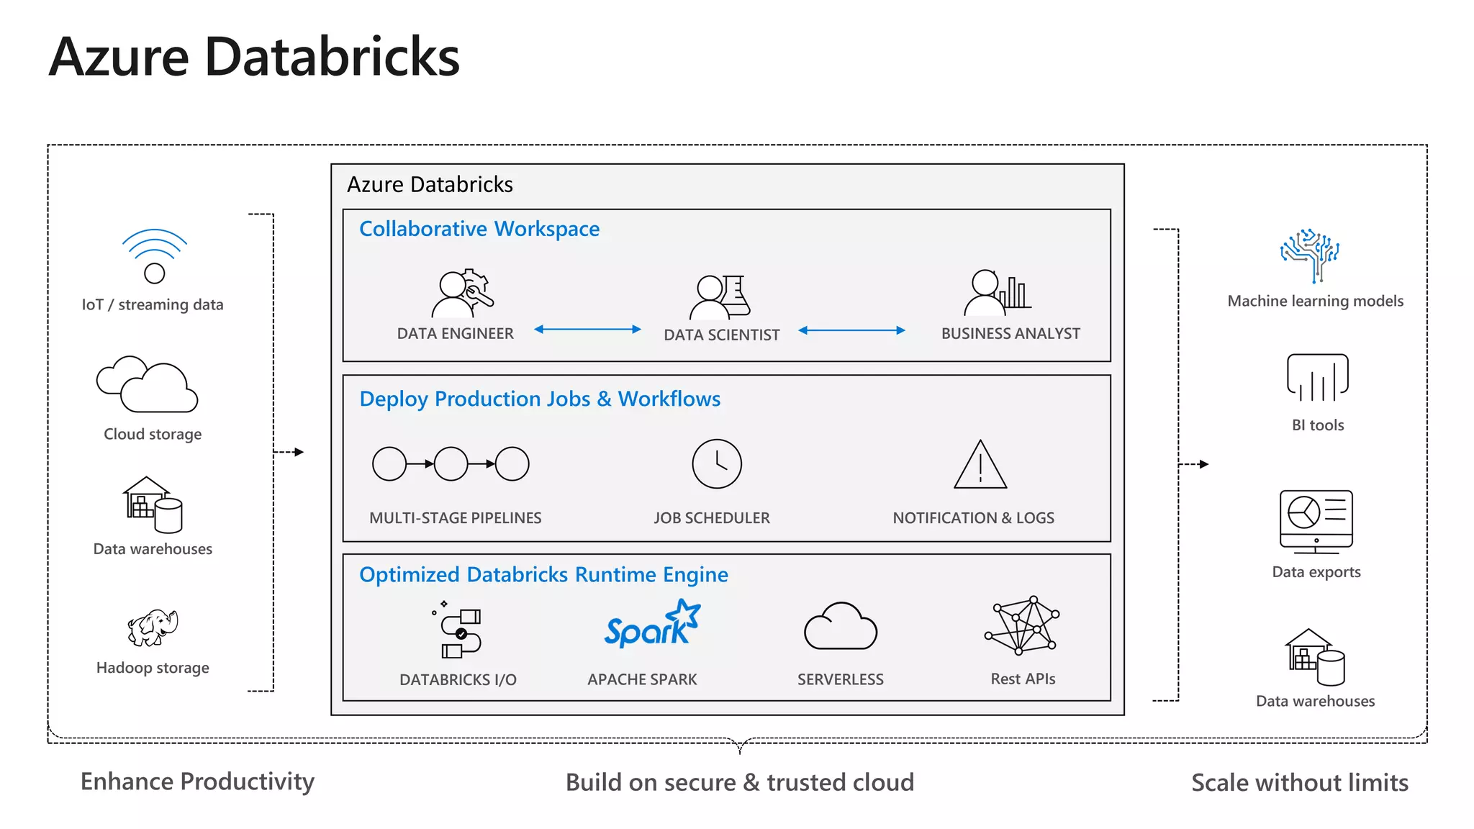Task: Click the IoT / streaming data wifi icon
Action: click(154, 256)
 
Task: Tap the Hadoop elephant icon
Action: click(153, 627)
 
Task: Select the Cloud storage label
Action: click(153, 434)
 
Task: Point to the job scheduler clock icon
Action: click(717, 464)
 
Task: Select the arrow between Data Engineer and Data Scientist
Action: click(587, 330)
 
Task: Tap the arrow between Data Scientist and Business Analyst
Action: click(851, 330)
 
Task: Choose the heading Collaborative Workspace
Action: click(479, 229)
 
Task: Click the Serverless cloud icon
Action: click(840, 627)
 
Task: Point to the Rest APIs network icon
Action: click(1022, 625)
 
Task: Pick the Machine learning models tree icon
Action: click(1310, 255)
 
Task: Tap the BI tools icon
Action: click(1317, 378)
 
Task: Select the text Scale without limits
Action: click(1299, 782)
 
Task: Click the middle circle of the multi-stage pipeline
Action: click(451, 464)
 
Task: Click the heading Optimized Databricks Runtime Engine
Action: click(543, 575)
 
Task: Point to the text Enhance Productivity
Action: click(197, 782)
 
